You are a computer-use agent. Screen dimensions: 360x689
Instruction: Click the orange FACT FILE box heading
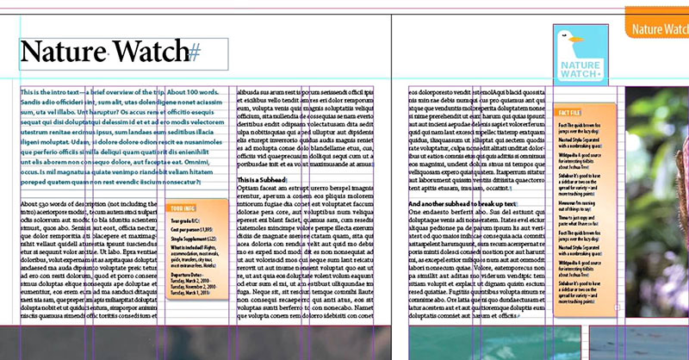[571, 113]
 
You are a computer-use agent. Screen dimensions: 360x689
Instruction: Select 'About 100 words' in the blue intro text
[194, 91]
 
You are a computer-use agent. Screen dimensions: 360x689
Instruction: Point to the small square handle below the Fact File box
[618, 307]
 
